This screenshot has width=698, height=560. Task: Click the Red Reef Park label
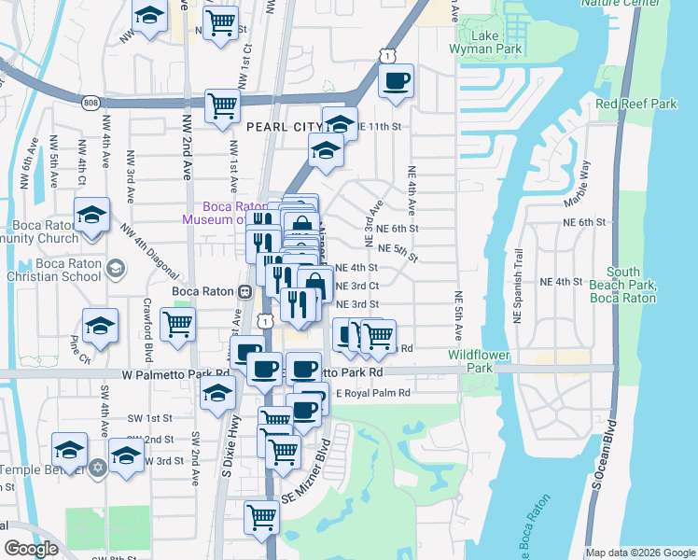pyautogui.click(x=635, y=104)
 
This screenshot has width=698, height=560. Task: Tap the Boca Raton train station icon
pyautogui.click(x=244, y=290)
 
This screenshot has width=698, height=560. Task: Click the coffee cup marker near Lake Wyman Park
pyautogui.click(x=397, y=81)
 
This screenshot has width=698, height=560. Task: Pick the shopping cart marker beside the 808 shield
pyautogui.click(x=222, y=105)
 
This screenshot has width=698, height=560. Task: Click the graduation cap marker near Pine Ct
pyautogui.click(x=99, y=326)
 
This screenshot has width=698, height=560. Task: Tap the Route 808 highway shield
pyautogui.click(x=90, y=102)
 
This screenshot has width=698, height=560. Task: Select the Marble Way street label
pyautogui.click(x=576, y=184)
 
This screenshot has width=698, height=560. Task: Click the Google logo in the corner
pyautogui.click(x=31, y=549)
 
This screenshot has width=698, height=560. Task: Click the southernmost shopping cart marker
pyautogui.click(x=261, y=517)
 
